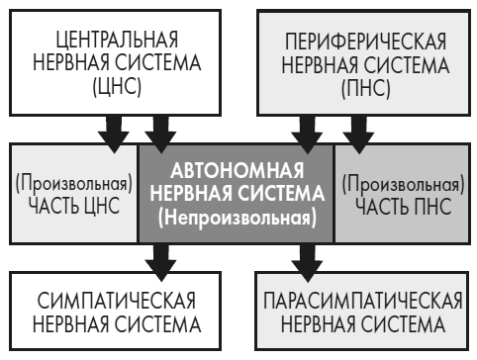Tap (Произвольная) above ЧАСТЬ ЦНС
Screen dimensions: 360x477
[71, 184]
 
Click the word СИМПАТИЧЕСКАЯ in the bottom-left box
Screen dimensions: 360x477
[110, 301]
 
